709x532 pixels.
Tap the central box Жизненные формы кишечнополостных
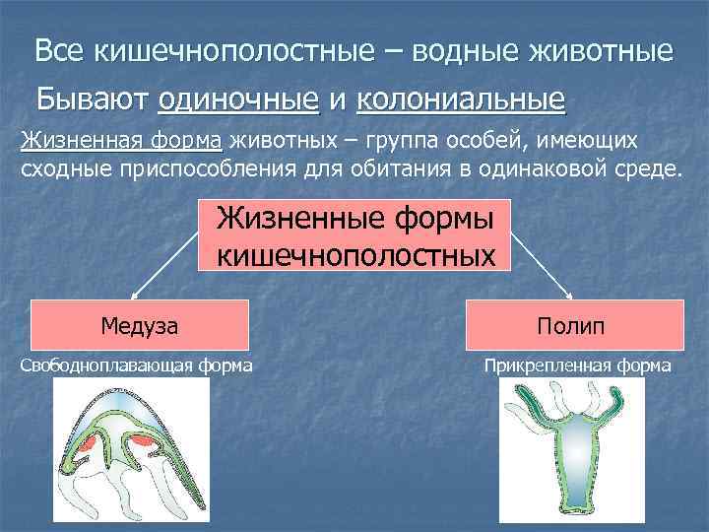354,236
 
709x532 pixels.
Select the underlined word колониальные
460,100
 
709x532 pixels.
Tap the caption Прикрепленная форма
577,366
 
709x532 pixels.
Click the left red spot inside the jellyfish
90,441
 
